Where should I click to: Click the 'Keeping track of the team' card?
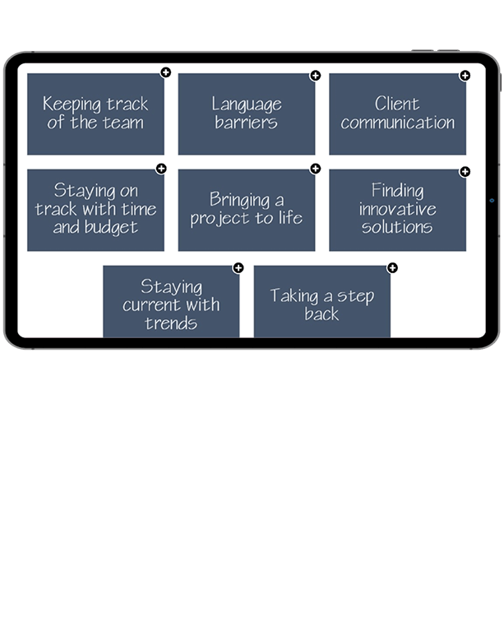[x=95, y=114]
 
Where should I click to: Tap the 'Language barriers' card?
[x=246, y=114]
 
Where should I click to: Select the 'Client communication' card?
[x=397, y=114]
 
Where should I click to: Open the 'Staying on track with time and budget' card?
[x=95, y=210]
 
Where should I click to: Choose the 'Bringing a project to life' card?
[x=246, y=210]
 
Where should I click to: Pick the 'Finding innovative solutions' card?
[x=397, y=210]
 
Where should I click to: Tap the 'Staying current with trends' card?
[x=171, y=303]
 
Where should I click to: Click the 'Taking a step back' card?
[x=321, y=303]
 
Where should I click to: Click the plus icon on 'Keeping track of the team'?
[x=165, y=73]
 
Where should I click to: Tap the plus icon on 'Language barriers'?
[x=315, y=76]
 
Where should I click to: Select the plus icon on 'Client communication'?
[x=465, y=76]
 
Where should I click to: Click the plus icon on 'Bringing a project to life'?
[x=315, y=169]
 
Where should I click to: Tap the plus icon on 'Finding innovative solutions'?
[x=465, y=171]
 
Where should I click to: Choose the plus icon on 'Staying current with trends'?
[x=238, y=267]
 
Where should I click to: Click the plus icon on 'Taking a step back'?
[x=392, y=267]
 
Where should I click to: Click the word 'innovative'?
[x=397, y=209]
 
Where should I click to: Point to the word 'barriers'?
[x=246, y=123]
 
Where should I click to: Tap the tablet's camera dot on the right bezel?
[x=492, y=200]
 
